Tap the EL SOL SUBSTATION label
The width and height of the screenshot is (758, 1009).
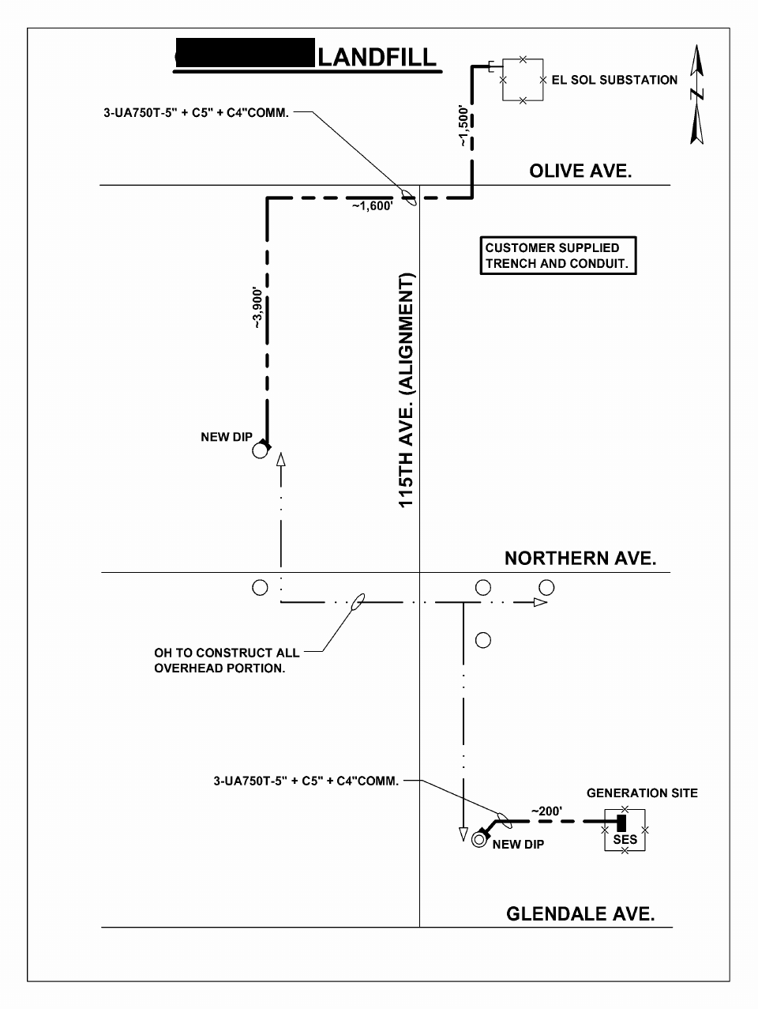(614, 80)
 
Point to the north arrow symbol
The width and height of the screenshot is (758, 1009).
(696, 95)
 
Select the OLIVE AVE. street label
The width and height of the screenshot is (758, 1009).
(580, 171)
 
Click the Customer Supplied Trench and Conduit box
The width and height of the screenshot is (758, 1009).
(557, 256)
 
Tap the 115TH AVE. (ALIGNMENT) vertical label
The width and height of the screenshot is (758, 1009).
(407, 390)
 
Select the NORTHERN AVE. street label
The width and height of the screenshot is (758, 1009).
(580, 559)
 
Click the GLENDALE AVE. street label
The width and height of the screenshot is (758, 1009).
(580, 914)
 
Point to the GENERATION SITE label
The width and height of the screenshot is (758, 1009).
(642, 793)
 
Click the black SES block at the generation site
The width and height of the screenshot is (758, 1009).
(621, 823)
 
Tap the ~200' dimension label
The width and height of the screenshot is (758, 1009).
(546, 811)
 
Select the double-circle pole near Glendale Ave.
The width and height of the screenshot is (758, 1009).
(478, 839)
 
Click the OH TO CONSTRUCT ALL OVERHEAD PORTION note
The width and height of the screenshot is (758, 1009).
(227, 661)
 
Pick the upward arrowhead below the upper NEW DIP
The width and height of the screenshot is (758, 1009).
(280, 461)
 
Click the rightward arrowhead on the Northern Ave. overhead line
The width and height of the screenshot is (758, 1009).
(540, 602)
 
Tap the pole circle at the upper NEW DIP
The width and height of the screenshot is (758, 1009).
(259, 451)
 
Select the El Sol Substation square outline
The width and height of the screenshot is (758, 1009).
(523, 80)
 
